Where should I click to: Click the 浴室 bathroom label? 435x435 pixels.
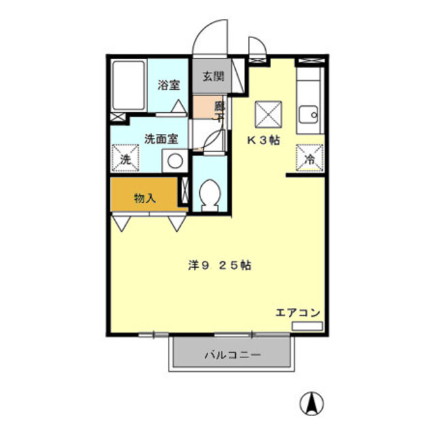[169, 85]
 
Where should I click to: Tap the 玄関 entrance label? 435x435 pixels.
[212, 75]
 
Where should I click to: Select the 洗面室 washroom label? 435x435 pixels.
[161, 139]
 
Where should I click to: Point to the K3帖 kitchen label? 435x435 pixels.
[263, 141]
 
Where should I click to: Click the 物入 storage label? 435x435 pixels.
[145, 198]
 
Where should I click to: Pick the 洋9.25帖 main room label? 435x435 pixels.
[219, 266]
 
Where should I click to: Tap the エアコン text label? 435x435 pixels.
[298, 313]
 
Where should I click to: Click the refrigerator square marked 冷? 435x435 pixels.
[309, 159]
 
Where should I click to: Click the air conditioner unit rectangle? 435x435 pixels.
[307, 326]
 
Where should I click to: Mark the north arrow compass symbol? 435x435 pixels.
[312, 402]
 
